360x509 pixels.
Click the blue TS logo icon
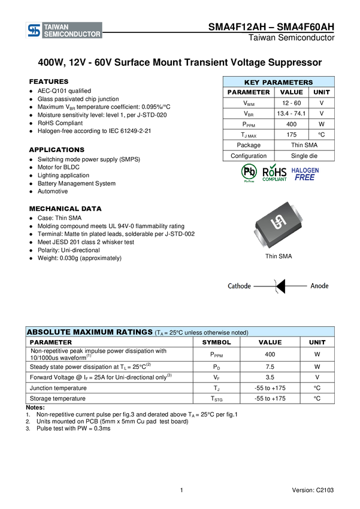click(34, 31)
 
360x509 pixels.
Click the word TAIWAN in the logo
click(56, 27)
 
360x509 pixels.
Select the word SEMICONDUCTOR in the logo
click(72, 35)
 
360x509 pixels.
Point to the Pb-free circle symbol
click(249, 172)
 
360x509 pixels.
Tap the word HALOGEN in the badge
click(305, 169)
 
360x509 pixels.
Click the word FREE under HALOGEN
click(305, 177)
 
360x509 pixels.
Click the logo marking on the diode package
click(278, 223)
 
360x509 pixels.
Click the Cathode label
click(240, 286)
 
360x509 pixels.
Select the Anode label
click(319, 286)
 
